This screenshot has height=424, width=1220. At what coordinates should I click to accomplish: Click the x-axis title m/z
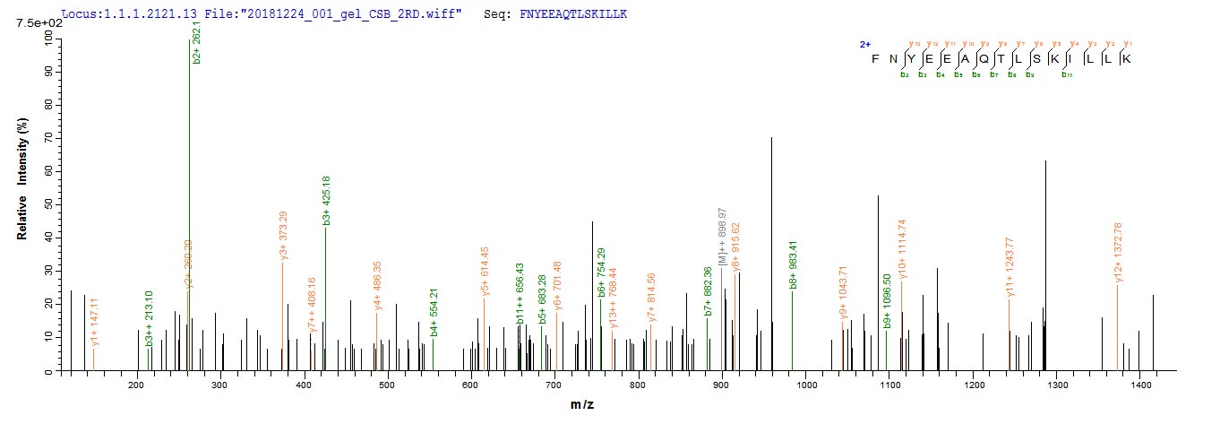point(583,405)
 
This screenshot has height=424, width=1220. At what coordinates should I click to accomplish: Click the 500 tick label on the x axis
point(387,385)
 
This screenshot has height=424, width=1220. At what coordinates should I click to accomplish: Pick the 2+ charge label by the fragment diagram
point(864,44)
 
